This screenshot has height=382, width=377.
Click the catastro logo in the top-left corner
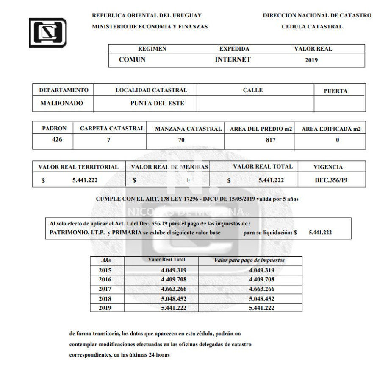[47, 32]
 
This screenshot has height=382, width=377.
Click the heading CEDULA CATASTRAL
[312, 27]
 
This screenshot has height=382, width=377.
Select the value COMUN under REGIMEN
[132, 60]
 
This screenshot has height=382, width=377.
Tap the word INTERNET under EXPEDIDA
[233, 60]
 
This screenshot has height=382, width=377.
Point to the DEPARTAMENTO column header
[64, 90]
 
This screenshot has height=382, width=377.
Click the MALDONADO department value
[62, 103]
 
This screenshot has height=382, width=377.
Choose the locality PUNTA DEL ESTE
[157, 103]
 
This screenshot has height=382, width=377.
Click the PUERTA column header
[335, 91]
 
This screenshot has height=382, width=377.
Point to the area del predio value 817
[271, 140]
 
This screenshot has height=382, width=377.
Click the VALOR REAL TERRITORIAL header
[78, 167]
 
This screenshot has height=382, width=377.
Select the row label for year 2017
[105, 289]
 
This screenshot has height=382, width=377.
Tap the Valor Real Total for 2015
[174, 270]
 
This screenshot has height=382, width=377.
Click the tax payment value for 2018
[262, 299]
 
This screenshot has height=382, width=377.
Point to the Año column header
[107, 260]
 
